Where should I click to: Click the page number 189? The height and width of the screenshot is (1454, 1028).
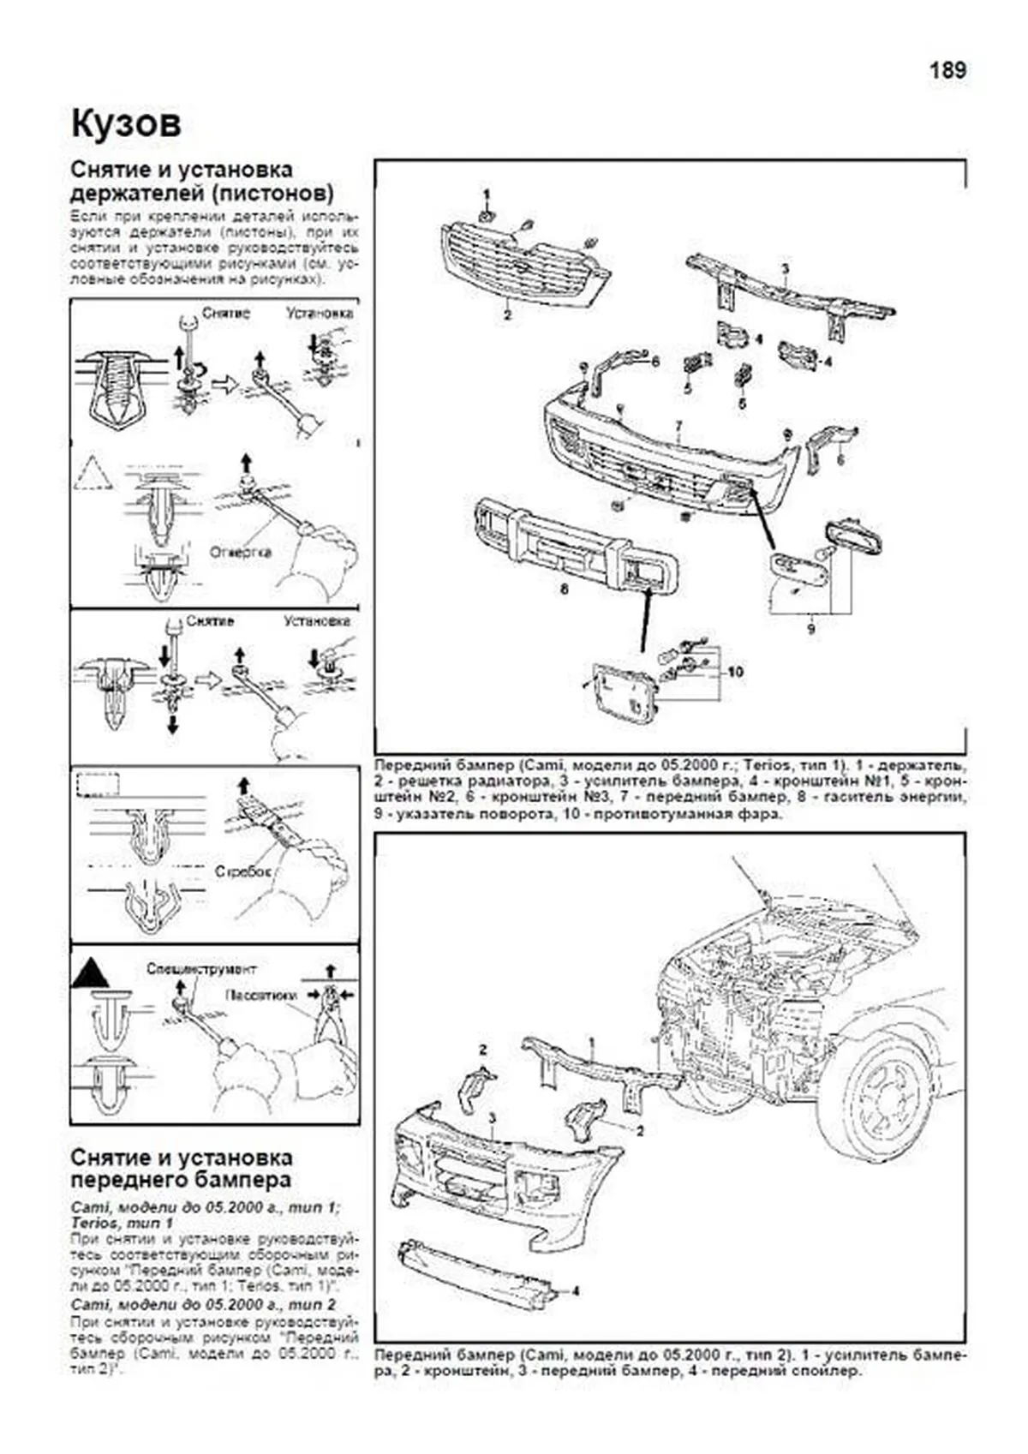[x=947, y=70]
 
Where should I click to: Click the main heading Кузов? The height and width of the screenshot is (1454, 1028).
[x=126, y=124]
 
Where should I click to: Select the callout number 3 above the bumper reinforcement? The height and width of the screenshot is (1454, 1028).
[x=784, y=269]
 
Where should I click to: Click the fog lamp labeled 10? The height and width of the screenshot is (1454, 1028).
[x=621, y=693]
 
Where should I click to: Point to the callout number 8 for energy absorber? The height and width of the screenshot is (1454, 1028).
[x=564, y=589]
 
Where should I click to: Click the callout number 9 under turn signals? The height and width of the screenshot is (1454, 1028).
[x=810, y=629]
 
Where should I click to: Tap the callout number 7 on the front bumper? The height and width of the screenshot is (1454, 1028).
[x=678, y=426]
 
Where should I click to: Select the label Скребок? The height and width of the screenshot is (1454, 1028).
[x=243, y=871]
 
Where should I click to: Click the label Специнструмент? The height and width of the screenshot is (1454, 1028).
[x=200, y=969]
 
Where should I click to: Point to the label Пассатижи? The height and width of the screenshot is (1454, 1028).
[x=261, y=995]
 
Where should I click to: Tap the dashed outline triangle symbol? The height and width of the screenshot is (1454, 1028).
[x=93, y=473]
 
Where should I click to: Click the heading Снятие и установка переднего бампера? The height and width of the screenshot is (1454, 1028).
[x=181, y=1169]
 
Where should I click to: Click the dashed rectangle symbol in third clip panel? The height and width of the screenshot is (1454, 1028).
[x=97, y=784]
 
